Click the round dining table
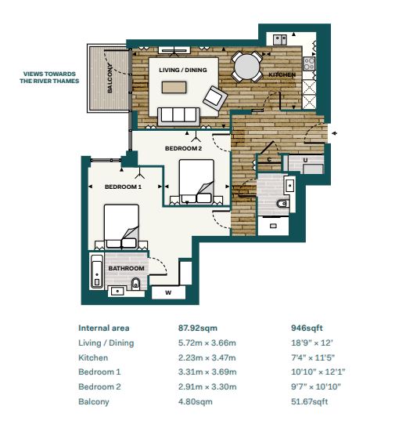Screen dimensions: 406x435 pyautogui.click(x=247, y=67)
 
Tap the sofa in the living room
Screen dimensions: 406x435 pyautogui.click(x=178, y=116)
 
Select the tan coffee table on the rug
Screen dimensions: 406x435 pyautogui.click(x=174, y=87)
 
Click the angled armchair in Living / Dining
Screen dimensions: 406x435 pyautogui.click(x=215, y=99)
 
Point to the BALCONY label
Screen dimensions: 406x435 pyautogui.click(x=110, y=78)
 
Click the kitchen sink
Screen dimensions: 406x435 pyautogui.click(x=280, y=39)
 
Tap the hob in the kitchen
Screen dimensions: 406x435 pyautogui.click(x=309, y=63)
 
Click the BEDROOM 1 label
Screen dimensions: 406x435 pyautogui.click(x=123, y=187)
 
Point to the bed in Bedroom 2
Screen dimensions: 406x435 pyautogui.click(x=196, y=181)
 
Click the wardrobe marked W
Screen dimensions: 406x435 pyautogui.click(x=168, y=292)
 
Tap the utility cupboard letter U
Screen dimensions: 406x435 pyautogui.click(x=305, y=160)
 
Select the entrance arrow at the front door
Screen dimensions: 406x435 pyautogui.click(x=334, y=133)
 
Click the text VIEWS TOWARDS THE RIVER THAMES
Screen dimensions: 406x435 pyautogui.click(x=49, y=78)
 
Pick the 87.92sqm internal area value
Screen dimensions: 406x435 pyautogui.click(x=198, y=328)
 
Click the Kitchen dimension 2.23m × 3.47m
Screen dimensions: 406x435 pyautogui.click(x=207, y=357)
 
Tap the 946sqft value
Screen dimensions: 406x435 pyautogui.click(x=307, y=328)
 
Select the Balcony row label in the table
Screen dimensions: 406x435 pyautogui.click(x=94, y=402)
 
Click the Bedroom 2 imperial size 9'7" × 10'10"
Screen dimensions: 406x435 pyautogui.click(x=316, y=386)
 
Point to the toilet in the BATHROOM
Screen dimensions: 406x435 pyautogui.click(x=135, y=283)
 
